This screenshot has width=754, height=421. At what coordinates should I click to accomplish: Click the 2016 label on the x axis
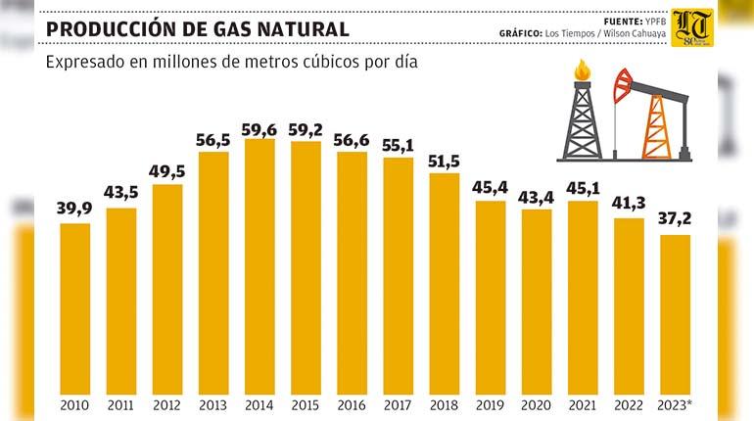pos(352,403)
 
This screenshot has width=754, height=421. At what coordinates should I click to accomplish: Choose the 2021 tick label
pos(583,403)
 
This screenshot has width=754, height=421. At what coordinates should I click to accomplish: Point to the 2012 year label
pos(167,403)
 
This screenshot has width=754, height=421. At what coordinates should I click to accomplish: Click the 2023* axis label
pos(677,403)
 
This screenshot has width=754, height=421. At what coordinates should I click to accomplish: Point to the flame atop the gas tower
pos(583,70)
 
